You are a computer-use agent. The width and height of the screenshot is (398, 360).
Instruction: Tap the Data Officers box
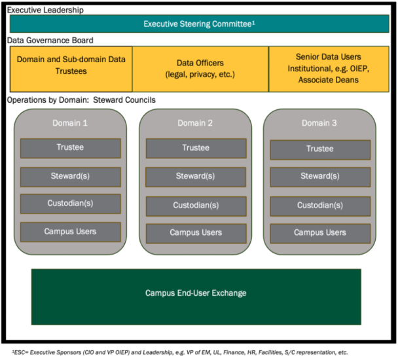pyautogui.click(x=200, y=69)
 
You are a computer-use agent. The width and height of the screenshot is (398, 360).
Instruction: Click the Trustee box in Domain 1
pyautogui.click(x=71, y=148)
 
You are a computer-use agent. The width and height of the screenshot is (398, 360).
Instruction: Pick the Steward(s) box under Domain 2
pyautogui.click(x=195, y=176)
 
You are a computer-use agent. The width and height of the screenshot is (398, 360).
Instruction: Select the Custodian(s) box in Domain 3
pyautogui.click(x=320, y=205)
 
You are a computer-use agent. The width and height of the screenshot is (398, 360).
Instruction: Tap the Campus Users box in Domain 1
pyautogui.click(x=71, y=232)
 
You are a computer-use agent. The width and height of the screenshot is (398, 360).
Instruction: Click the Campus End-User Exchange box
pyautogui.click(x=196, y=293)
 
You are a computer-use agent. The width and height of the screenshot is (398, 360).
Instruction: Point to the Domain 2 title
pyautogui.click(x=195, y=123)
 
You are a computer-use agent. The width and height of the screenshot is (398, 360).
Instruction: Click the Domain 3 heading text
pyautogui.click(x=320, y=123)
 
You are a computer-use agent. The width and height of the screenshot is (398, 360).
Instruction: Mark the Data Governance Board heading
pyautogui.click(x=49, y=41)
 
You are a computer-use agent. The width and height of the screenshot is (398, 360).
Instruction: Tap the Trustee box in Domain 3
pyautogui.click(x=320, y=149)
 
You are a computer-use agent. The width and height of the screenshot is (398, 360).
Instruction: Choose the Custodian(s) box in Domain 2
pyautogui.click(x=195, y=205)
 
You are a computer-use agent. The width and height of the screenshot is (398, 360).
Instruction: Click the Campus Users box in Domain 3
pyautogui.click(x=320, y=232)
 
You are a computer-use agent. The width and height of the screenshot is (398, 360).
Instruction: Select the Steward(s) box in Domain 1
pyautogui.click(x=71, y=176)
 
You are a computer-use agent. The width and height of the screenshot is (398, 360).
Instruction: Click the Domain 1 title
pyautogui.click(x=71, y=123)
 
